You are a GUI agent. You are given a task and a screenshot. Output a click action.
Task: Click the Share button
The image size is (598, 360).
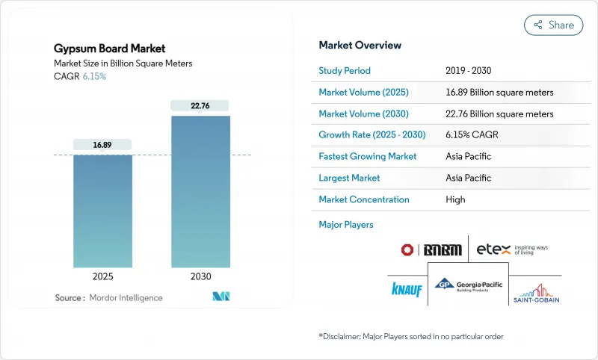553,25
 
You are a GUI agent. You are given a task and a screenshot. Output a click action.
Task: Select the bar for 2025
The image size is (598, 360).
103,213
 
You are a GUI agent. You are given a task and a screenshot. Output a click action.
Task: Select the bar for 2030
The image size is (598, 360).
200,194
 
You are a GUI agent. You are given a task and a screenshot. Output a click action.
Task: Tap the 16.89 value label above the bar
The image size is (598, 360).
103,144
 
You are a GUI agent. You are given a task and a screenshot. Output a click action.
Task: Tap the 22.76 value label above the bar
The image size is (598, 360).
200,105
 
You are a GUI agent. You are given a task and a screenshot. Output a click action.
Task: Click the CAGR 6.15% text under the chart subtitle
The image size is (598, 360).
80,76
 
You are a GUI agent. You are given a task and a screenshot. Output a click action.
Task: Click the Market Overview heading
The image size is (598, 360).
360,45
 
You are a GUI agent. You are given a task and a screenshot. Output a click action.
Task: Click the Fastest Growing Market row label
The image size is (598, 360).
367,157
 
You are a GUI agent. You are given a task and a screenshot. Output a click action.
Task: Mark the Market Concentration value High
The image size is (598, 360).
455,199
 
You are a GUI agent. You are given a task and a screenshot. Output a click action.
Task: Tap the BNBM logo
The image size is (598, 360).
432,249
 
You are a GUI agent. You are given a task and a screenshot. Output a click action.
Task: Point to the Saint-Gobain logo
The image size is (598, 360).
536,292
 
